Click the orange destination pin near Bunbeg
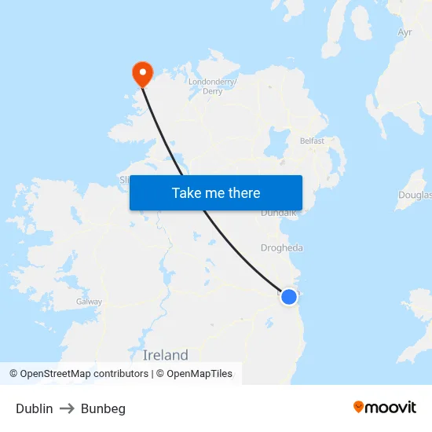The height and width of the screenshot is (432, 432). click(x=142, y=73)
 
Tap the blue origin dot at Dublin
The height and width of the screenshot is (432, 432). click(x=289, y=296)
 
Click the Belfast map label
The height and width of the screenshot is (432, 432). click(x=312, y=141)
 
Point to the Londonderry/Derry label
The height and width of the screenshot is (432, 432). click(x=212, y=86)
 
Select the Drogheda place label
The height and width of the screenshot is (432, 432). click(x=282, y=248)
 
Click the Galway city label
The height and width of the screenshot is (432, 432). click(x=89, y=302)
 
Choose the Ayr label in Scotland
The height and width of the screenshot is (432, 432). click(x=405, y=33)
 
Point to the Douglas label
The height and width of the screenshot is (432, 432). click(x=415, y=195)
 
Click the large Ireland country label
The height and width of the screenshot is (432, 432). click(x=166, y=354)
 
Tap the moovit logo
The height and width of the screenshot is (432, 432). click(x=384, y=408)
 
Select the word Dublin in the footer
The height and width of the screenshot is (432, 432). click(x=35, y=408)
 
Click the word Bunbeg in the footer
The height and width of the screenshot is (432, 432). click(x=103, y=408)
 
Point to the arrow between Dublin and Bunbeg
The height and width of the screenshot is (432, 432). click(x=67, y=408)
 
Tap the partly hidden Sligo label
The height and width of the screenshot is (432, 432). click(x=124, y=180)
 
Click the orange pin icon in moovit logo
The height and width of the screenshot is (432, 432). click(x=359, y=407)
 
